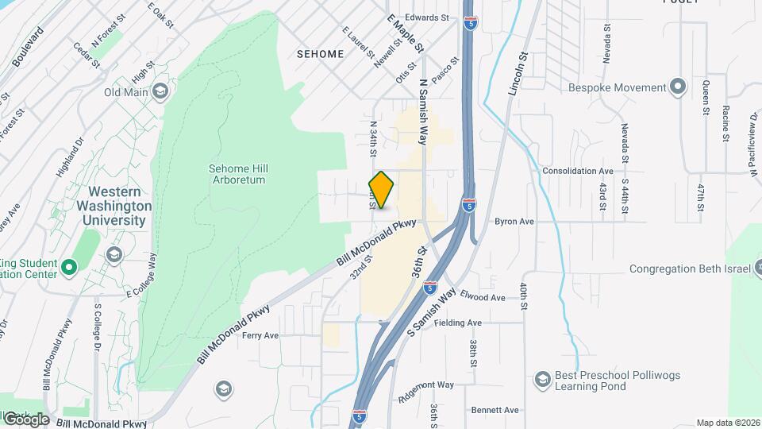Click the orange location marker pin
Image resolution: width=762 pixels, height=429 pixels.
point(382,190)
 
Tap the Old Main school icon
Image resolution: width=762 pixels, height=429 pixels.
point(161,92)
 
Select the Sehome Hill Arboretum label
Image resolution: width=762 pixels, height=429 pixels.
point(237,174)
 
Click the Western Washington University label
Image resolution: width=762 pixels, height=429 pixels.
point(117,206)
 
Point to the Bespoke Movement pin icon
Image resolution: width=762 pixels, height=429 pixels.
point(677,86)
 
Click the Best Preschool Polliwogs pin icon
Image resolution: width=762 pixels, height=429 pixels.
point(543,378)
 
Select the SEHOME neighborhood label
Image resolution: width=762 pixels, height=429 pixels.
point(320,54)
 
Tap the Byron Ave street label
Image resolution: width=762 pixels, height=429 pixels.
point(514,222)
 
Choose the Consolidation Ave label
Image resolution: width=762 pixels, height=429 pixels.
point(578,171)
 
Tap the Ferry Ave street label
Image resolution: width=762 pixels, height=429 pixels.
point(260,335)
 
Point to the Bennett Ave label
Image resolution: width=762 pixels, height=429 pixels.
point(495,410)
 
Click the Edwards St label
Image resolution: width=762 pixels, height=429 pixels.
point(427,17)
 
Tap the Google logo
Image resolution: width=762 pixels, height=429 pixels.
point(26,419)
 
